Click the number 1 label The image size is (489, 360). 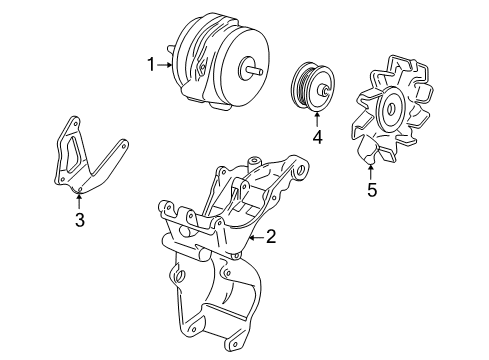click(x=151, y=66)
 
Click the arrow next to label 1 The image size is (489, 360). click(x=166, y=66)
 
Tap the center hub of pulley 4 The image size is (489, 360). click(x=323, y=93)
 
